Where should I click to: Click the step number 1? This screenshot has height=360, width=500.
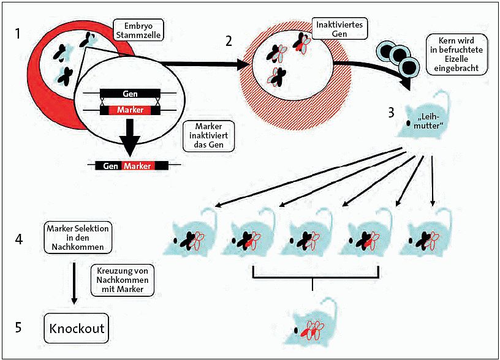click(x=19, y=32)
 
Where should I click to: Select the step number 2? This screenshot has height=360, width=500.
click(x=229, y=42)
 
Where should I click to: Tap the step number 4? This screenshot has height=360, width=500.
click(x=20, y=239)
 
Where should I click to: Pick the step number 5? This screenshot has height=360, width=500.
click(x=19, y=328)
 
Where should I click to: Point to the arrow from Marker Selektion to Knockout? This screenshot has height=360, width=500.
click(x=74, y=282)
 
